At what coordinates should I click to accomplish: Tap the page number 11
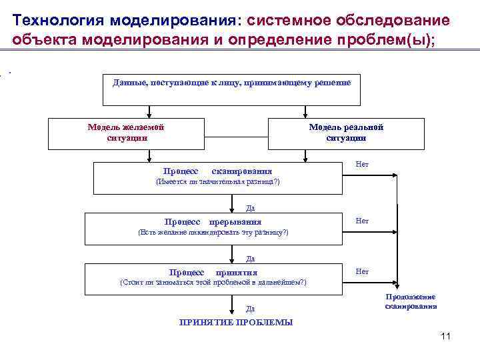click(x=446, y=336)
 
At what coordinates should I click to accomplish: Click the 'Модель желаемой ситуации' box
click(x=126, y=133)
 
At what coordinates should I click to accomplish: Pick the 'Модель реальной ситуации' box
click(x=346, y=133)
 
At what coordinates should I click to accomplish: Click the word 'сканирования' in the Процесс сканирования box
click(x=241, y=171)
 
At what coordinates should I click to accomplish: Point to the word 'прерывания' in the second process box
click(x=235, y=222)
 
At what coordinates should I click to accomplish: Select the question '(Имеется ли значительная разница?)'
click(x=217, y=181)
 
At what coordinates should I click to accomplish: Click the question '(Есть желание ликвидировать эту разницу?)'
click(x=213, y=232)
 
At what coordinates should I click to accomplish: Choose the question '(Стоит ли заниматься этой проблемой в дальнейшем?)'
click(x=213, y=283)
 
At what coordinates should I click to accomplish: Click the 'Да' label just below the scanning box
click(x=250, y=207)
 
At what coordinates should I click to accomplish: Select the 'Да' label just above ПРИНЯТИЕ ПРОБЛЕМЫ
click(x=250, y=309)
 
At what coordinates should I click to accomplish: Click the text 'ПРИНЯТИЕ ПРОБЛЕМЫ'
click(x=236, y=322)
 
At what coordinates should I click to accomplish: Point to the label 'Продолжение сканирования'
click(x=411, y=301)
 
